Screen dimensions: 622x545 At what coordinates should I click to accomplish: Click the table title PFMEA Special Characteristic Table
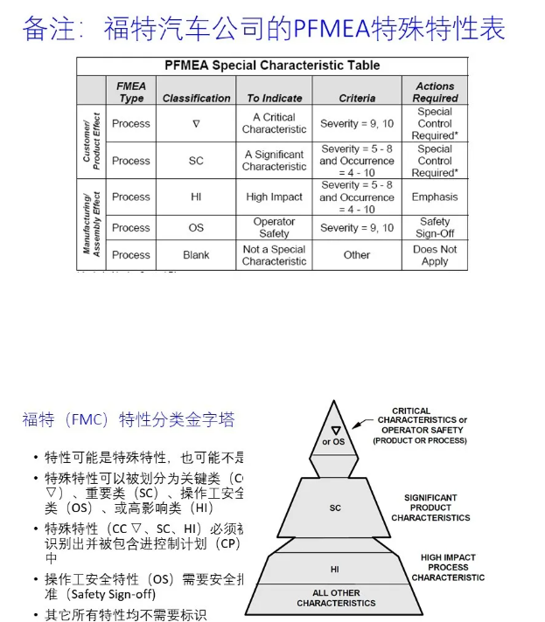[272, 66]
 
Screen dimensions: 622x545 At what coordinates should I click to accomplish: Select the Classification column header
[196, 99]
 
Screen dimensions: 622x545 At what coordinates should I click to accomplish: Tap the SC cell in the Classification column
[196, 161]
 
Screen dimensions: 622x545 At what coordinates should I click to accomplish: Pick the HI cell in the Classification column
[196, 197]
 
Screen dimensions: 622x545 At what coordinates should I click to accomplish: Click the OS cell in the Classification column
[196, 228]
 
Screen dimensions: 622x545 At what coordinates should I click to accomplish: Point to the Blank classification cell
[196, 255]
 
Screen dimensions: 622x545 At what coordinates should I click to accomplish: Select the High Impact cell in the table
[274, 197]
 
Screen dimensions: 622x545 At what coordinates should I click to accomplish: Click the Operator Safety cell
[274, 228]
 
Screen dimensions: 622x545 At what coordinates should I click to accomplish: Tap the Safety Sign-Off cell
[435, 228]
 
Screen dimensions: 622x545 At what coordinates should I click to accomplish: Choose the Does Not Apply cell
[435, 255]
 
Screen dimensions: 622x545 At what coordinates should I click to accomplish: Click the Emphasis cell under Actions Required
[435, 197]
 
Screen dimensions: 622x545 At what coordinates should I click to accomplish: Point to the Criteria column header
[357, 99]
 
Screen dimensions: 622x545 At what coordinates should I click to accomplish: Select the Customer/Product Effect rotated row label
[92, 142]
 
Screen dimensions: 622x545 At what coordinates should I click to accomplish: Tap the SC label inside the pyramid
[335, 508]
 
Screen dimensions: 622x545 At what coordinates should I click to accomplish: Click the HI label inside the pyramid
[334, 569]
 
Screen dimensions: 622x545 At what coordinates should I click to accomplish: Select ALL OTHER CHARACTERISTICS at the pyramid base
[334, 598]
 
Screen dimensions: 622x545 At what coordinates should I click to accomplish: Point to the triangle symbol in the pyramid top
[335, 430]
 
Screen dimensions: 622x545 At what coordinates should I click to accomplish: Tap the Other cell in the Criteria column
[357, 255]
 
